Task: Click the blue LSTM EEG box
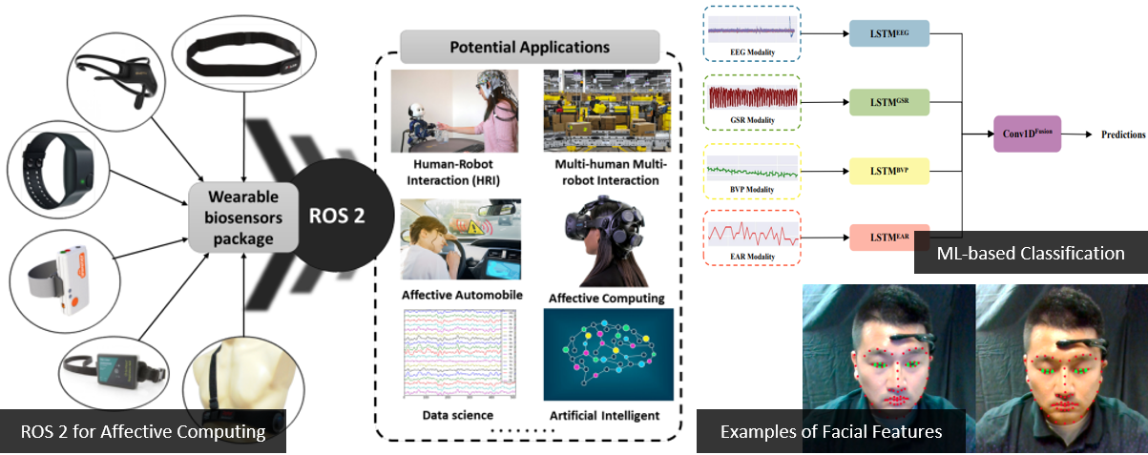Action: [889, 33]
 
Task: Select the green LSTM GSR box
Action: [889, 102]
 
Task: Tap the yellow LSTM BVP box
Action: [889, 171]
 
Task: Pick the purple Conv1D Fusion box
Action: [1027, 134]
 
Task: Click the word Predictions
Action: [1123, 134]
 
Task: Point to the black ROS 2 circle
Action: [337, 216]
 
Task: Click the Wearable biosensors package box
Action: [243, 217]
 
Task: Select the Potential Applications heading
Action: [530, 47]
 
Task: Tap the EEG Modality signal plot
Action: [752, 31]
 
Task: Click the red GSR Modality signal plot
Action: [753, 97]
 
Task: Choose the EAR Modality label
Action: [752, 257]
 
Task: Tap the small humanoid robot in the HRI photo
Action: [419, 126]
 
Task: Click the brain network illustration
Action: [608, 354]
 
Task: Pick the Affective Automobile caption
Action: [462, 295]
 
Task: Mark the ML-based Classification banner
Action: [1031, 253]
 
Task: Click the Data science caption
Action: [458, 415]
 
